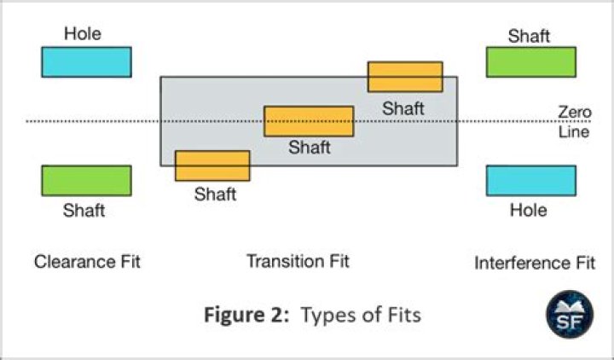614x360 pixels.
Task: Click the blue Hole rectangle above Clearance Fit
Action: (86, 62)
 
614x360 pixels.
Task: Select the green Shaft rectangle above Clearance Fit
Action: (86, 181)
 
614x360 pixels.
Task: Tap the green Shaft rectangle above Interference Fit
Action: (530, 62)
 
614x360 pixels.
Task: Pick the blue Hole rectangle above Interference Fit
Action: (530, 181)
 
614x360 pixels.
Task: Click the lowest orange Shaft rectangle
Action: (212, 165)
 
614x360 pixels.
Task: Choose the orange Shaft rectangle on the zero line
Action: (309, 121)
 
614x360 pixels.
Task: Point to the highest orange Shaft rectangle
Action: (405, 77)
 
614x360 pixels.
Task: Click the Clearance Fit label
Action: (87, 262)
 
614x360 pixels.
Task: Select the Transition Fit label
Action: (298, 261)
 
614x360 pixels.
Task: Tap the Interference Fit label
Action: (535, 263)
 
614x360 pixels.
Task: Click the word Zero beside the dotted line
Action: (574, 112)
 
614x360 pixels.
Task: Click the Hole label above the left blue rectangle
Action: (83, 34)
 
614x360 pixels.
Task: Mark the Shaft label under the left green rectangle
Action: (84, 210)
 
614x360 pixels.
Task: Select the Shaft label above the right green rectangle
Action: (529, 36)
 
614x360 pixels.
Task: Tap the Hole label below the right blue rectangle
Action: (528, 210)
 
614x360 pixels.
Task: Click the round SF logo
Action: (566, 311)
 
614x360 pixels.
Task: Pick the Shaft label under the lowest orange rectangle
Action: (215, 194)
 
